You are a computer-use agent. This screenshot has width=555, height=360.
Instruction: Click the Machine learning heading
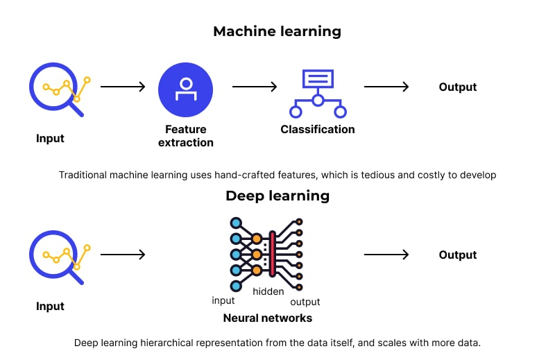point(277,31)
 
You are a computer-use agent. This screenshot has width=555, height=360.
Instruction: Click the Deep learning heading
point(277,196)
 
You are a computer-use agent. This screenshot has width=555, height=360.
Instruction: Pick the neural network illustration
point(268,254)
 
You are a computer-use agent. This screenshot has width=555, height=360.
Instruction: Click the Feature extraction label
point(185,136)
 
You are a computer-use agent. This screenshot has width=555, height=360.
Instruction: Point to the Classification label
point(317,130)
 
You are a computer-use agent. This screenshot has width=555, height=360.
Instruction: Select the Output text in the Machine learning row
point(458,87)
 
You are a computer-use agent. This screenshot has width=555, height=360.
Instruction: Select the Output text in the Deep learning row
point(458,255)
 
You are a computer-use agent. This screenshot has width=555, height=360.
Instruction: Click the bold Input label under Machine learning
point(50,139)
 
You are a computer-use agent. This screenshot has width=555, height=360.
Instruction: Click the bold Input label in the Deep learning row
point(50,307)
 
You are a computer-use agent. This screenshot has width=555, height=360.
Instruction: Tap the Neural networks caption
point(267,318)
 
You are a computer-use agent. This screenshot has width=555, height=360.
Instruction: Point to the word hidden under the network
point(268,291)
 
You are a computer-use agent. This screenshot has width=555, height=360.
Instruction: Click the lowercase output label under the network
point(305,302)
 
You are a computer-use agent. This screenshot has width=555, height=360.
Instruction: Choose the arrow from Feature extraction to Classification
point(254,87)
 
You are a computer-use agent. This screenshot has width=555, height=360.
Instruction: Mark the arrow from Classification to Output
point(386,87)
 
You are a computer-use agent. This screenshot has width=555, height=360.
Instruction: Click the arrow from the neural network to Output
point(386,255)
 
